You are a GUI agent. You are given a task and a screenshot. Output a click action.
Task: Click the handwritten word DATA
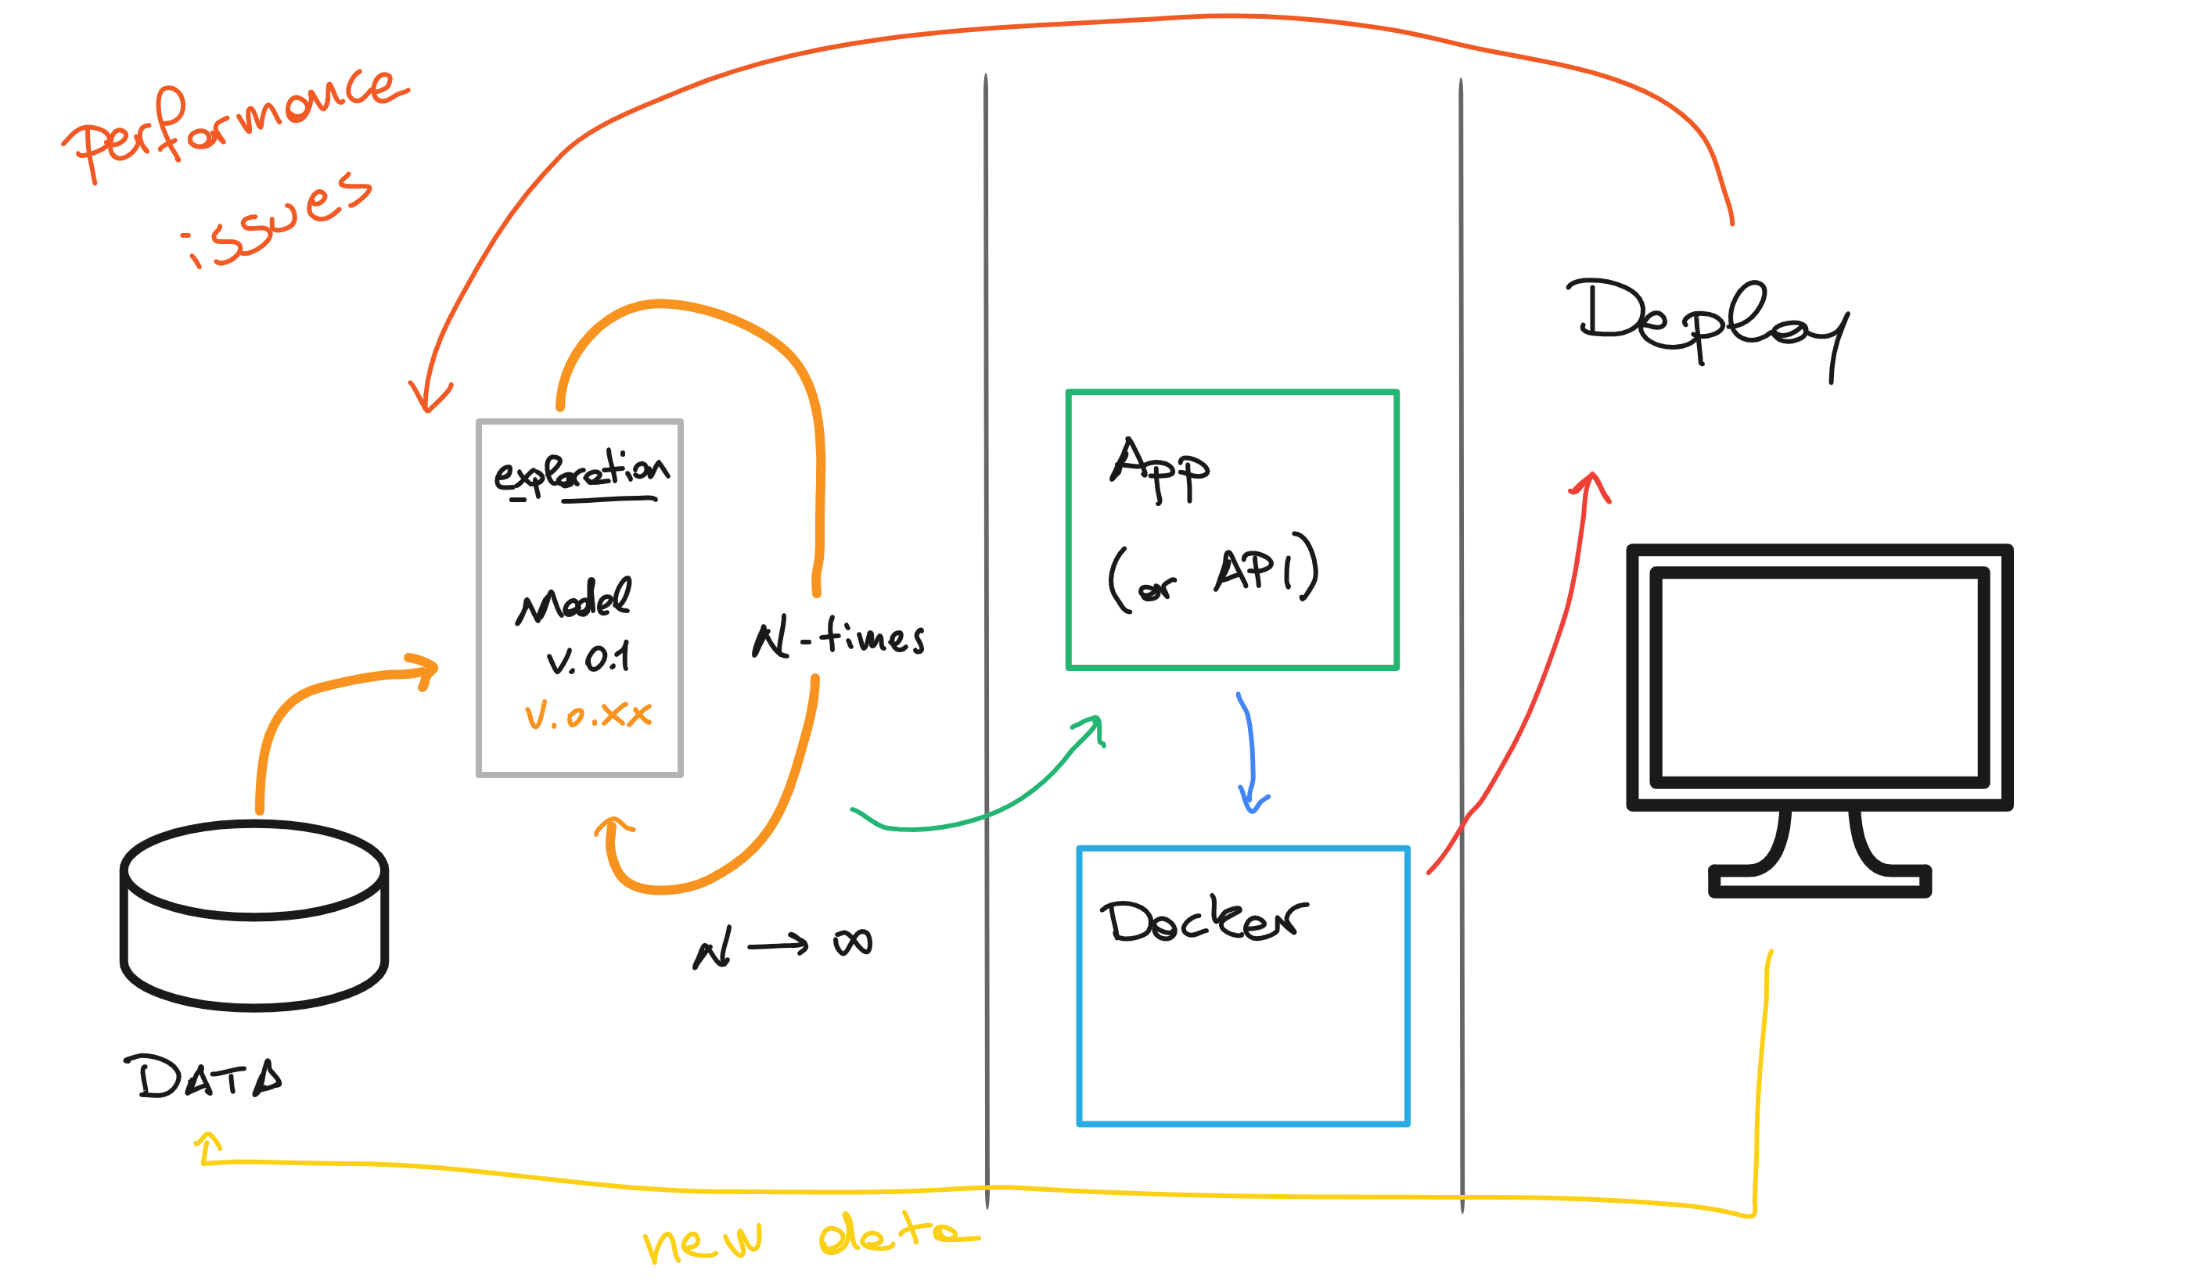pyautogui.click(x=203, y=1078)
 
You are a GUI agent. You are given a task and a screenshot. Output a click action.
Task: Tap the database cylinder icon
pyautogui.click(x=253, y=915)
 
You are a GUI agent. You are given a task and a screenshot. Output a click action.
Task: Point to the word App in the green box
pyautogui.click(x=1159, y=470)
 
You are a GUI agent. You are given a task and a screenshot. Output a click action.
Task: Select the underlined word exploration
pyautogui.click(x=581, y=475)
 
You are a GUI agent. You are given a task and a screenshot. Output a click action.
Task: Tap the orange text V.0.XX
pyautogui.click(x=588, y=716)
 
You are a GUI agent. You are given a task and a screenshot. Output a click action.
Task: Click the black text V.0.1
pyautogui.click(x=588, y=658)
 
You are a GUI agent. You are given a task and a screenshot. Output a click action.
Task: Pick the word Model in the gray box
pyautogui.click(x=573, y=601)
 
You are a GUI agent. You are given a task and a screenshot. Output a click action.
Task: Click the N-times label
pyautogui.click(x=838, y=637)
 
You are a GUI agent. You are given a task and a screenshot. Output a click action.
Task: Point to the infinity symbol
pyautogui.click(x=852, y=943)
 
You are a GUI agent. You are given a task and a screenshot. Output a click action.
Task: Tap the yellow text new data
pyautogui.click(x=811, y=1236)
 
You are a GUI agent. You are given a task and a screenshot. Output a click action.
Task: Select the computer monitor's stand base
pyautogui.click(x=1820, y=881)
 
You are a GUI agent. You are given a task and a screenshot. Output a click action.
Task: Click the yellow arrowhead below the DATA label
pyautogui.click(x=207, y=1143)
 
